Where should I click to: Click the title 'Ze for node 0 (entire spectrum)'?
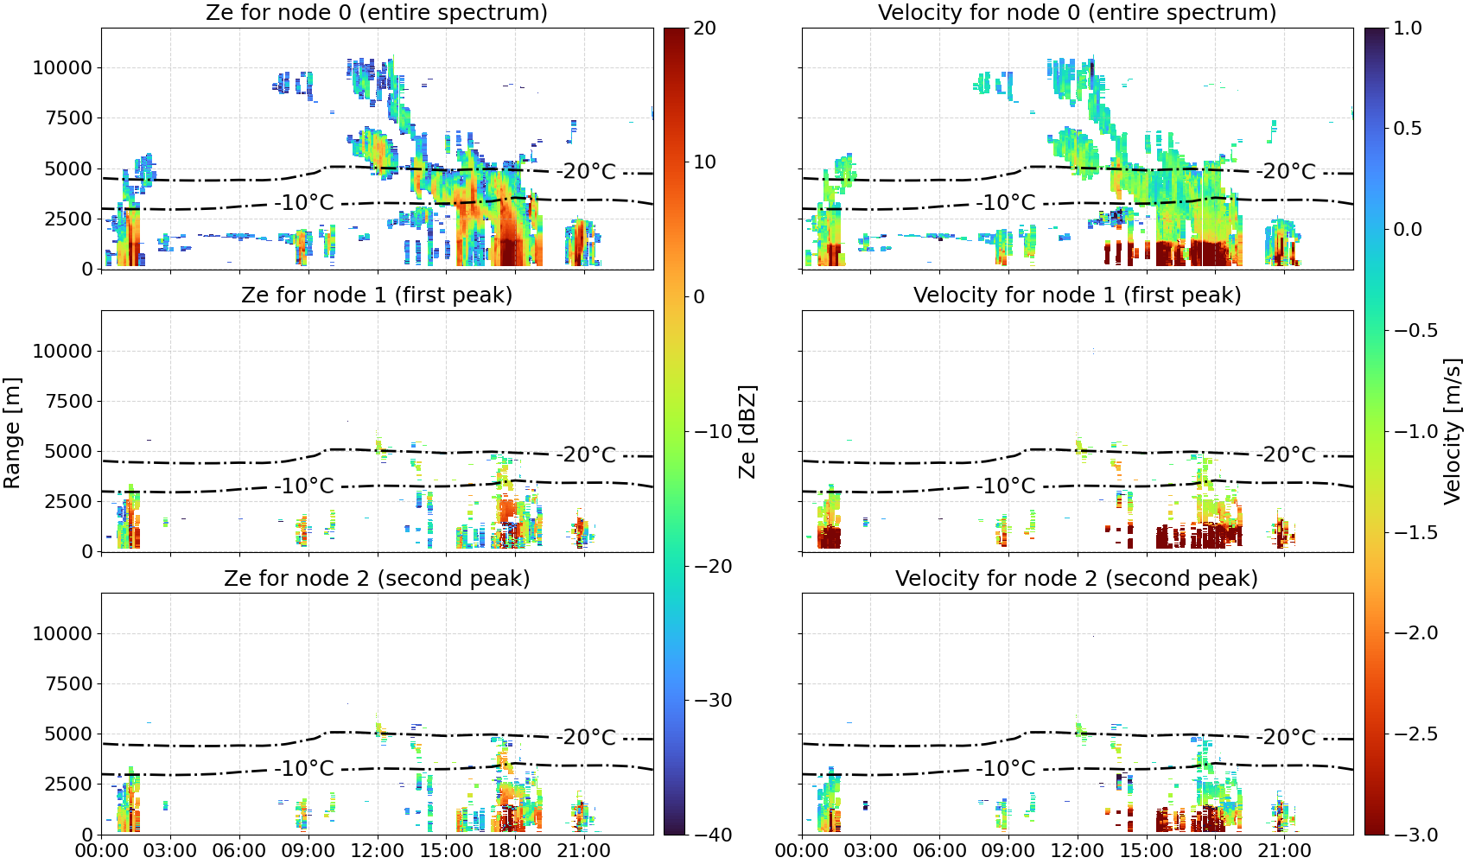tap(377, 12)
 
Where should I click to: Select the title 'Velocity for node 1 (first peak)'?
tap(1078, 295)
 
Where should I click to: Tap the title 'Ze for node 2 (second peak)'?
tap(377, 578)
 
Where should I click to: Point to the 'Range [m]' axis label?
tap(12, 433)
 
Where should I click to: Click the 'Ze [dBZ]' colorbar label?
tap(747, 431)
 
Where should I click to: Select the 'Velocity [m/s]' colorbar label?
tap(1453, 431)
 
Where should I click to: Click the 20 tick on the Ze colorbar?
tap(704, 29)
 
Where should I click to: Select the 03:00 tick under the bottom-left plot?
tap(170, 851)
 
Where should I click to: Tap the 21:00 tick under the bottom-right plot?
tap(1284, 851)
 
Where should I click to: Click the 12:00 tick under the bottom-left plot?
tap(377, 851)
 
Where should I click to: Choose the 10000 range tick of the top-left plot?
tap(62, 67)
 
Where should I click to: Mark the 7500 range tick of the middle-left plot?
tap(68, 401)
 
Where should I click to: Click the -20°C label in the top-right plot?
tap(1286, 172)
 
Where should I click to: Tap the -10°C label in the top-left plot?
tap(304, 202)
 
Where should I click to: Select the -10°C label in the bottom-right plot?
tap(1005, 768)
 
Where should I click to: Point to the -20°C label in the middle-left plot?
tap(586, 455)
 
